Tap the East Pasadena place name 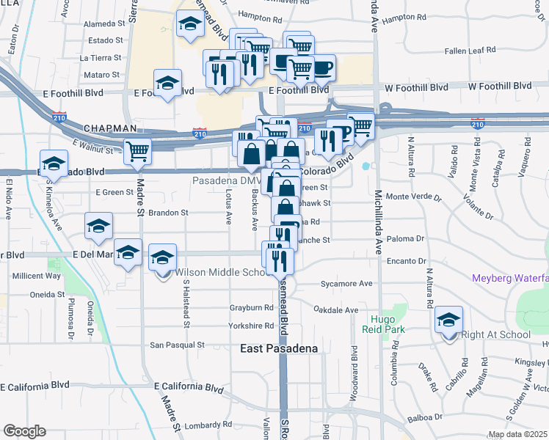coord(279,349)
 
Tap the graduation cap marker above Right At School coord(448,320)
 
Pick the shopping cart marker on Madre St coord(137,152)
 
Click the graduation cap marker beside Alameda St coord(190,24)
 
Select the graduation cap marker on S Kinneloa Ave coord(54,163)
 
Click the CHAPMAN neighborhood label coord(110,128)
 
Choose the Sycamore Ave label coord(346,283)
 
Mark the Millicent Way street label coord(36,276)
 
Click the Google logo coord(25,431)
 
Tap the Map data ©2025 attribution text coord(518,435)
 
